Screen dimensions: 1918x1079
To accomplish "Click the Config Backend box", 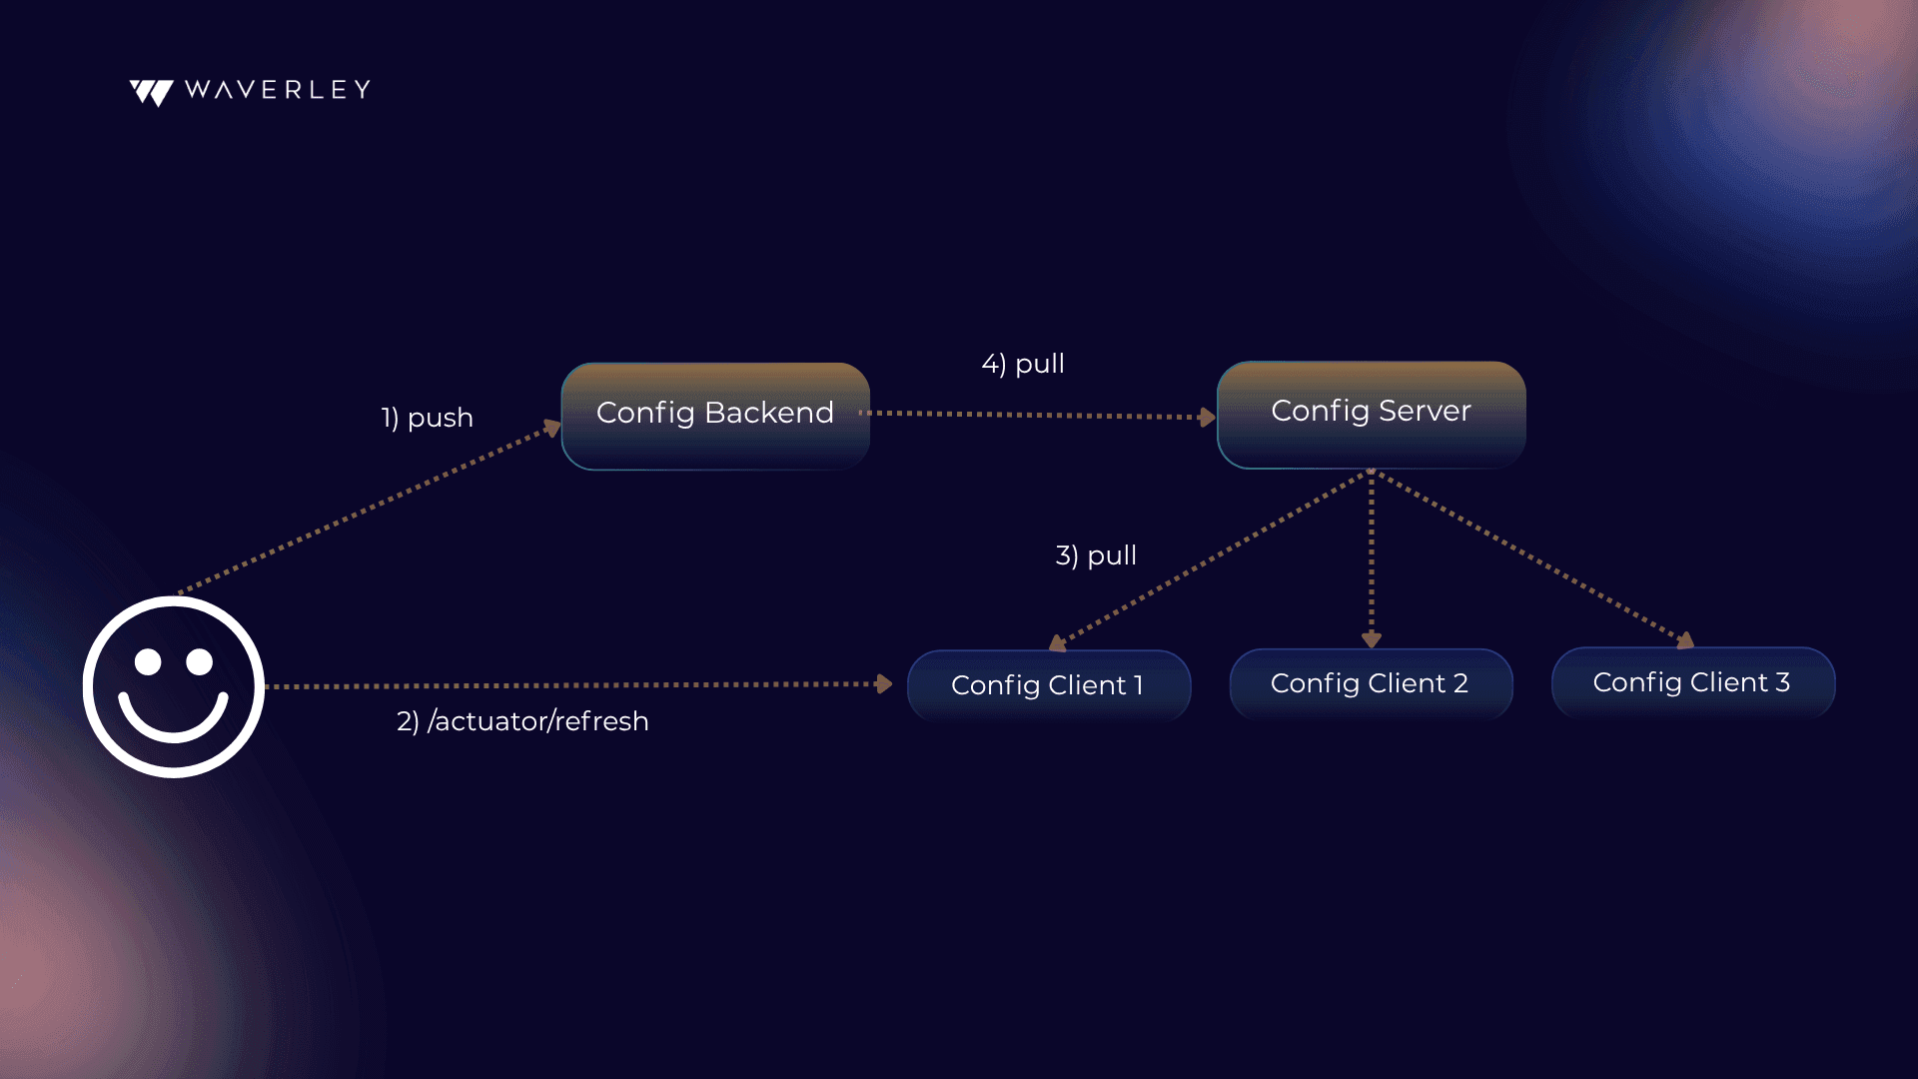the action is click(715, 416).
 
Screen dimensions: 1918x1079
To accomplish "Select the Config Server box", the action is click(1372, 415).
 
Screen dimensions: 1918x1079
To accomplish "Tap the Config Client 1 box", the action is click(1049, 685).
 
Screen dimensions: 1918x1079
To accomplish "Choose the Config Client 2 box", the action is click(1371, 683).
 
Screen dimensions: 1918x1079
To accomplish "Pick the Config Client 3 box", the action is click(1693, 682).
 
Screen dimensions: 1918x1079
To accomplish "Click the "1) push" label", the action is click(427, 418).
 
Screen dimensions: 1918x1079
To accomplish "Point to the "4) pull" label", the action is click(1023, 364).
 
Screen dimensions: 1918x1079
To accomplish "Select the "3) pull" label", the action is click(1096, 555).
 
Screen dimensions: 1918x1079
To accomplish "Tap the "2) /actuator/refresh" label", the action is click(522, 721).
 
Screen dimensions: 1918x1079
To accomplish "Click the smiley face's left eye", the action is click(148, 661).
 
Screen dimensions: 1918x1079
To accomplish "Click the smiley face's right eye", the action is click(200, 661).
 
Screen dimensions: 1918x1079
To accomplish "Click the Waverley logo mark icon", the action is click(152, 93).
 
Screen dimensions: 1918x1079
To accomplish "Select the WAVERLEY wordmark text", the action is click(278, 90).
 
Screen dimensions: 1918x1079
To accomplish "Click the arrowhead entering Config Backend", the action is click(552, 428).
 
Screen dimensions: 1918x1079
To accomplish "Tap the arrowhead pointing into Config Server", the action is click(1208, 417).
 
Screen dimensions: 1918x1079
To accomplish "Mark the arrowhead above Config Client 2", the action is click(1372, 639).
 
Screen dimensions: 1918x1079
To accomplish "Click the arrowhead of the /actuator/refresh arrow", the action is click(884, 684).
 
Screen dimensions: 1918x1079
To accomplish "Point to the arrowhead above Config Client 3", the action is click(1686, 640).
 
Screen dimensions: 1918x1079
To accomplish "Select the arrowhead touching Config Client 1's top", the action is click(1058, 643).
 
